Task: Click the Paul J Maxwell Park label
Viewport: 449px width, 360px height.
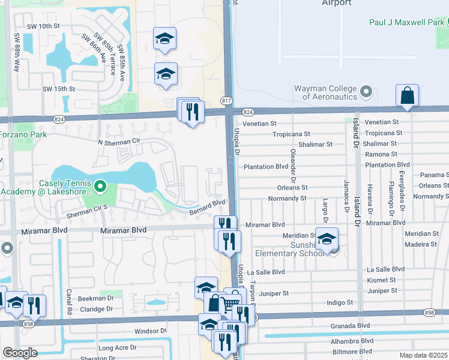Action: tap(402, 23)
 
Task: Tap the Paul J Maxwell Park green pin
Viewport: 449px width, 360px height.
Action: tap(444, 23)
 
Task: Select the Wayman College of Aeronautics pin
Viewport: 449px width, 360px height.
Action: tap(367, 92)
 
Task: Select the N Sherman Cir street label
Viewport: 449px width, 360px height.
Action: tap(118, 142)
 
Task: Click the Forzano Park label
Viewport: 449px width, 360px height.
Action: tap(23, 134)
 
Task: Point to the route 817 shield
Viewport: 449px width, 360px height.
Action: tap(226, 100)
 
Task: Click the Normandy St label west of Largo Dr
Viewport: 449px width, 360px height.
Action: tap(287, 198)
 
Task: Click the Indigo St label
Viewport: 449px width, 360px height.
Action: tap(340, 303)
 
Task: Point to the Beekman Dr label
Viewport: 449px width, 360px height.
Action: tap(96, 298)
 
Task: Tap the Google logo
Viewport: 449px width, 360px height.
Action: tap(20, 353)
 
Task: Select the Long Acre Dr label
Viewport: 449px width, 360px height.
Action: tap(117, 347)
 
